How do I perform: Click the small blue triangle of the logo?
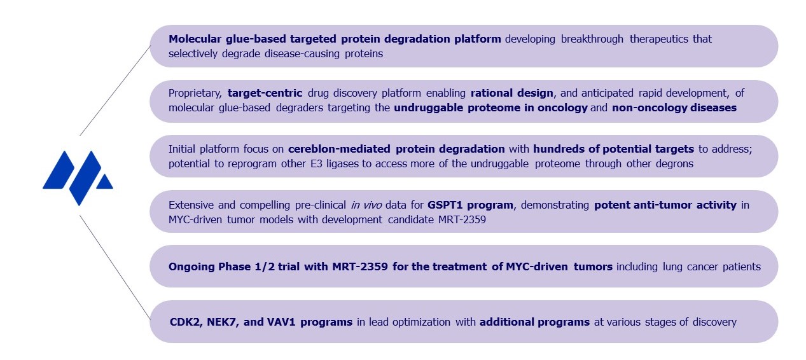[105, 183]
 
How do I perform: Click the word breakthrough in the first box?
[592, 39]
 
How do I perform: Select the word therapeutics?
[659, 39]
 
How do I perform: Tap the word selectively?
[193, 54]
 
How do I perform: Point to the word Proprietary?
[195, 93]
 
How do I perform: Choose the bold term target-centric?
[265, 93]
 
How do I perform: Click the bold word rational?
[492, 93]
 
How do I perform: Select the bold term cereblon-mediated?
[339, 149]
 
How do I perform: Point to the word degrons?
[674, 164]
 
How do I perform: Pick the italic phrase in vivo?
[366, 205]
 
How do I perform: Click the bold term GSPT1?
[445, 205]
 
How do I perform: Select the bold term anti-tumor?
[662, 205]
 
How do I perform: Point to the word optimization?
[421, 322]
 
